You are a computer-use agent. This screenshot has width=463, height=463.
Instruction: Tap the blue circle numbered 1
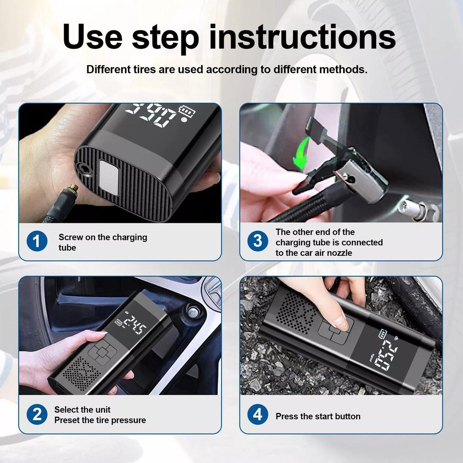coord(37,241)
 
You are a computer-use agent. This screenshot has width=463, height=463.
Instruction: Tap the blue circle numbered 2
coord(37,414)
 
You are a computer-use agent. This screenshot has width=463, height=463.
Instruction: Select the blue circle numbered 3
coord(257,241)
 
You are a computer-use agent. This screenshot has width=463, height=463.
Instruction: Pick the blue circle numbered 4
coord(257,414)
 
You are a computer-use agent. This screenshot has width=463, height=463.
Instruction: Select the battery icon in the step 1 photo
coord(187,111)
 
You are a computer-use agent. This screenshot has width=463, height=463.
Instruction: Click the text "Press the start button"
coord(318,416)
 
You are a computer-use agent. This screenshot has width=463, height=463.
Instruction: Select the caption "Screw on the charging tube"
coord(103,242)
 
